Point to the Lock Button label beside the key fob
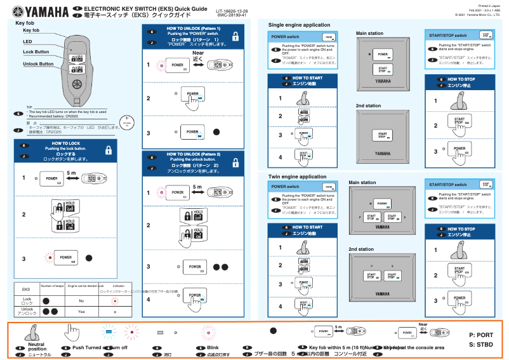(x=36, y=51)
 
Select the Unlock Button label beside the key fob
(x=38, y=64)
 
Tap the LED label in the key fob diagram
(x=27, y=41)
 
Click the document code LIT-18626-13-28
(x=232, y=11)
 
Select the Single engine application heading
(x=299, y=25)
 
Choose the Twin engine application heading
(x=297, y=177)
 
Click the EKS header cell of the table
(x=26, y=288)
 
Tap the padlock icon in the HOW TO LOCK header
(x=109, y=151)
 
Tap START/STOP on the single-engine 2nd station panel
(x=383, y=136)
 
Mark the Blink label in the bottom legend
(x=213, y=348)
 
